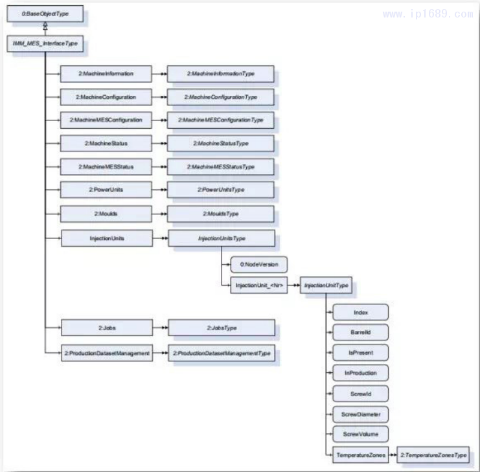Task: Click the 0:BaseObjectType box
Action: tap(45, 13)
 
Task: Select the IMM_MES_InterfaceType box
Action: tap(45, 44)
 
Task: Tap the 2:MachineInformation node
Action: tap(106, 74)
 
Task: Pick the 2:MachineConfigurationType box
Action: tap(221, 97)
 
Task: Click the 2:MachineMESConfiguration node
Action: tap(106, 120)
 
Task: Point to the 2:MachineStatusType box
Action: tap(221, 143)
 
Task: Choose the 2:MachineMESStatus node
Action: tap(106, 166)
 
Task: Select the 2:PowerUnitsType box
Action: tap(221, 190)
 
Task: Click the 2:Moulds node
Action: tap(106, 214)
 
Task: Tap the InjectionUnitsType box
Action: tap(221, 238)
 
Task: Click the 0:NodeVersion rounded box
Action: tap(258, 264)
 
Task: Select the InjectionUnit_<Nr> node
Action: tap(258, 286)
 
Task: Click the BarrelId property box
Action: tap(361, 332)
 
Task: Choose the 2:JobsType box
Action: tap(221, 328)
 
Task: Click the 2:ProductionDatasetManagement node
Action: tap(108, 354)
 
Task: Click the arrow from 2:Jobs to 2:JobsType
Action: tap(160, 328)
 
